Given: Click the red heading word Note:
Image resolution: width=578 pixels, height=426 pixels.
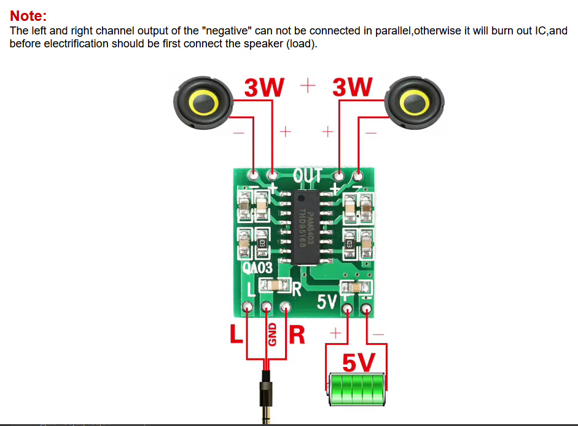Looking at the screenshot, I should (x=28, y=16).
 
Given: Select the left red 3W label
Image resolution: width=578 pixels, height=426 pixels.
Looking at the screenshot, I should (x=264, y=88).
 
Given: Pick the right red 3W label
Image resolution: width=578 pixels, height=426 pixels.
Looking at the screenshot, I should (x=352, y=88).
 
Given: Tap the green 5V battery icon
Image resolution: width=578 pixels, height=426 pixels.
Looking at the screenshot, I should (x=357, y=389).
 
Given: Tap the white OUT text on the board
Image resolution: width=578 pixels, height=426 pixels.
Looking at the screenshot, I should (x=307, y=176).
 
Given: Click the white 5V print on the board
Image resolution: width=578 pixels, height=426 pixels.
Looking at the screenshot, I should (x=327, y=302).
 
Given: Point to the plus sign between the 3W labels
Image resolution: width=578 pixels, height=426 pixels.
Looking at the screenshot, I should (x=308, y=85).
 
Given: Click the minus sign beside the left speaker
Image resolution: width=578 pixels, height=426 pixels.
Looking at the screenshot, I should (x=239, y=132).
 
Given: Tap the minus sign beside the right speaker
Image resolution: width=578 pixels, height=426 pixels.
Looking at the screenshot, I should (x=372, y=132).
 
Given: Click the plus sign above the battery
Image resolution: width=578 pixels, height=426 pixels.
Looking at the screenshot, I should (x=335, y=333).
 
